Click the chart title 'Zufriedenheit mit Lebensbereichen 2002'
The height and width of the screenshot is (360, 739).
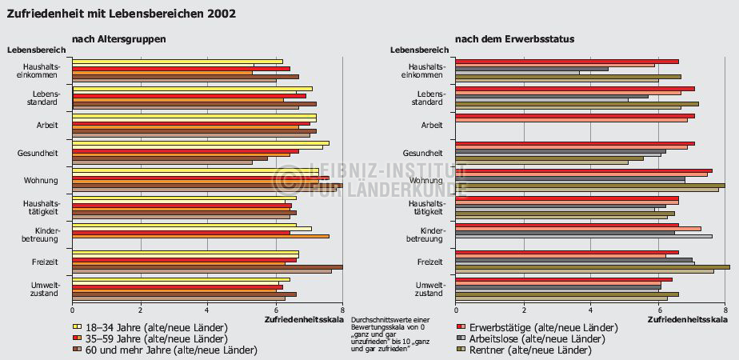pyautogui.click(x=121, y=14)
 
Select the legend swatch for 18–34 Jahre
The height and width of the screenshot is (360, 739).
pyautogui.click(x=77, y=327)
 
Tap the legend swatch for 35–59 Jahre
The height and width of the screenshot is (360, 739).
pyautogui.click(x=77, y=338)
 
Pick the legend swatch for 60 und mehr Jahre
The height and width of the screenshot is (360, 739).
pyautogui.click(x=77, y=350)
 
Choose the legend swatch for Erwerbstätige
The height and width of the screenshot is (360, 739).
pyautogui.click(x=461, y=327)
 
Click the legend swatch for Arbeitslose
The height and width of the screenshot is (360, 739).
pyautogui.click(x=461, y=338)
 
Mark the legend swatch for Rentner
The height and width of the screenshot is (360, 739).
pyautogui.click(x=461, y=350)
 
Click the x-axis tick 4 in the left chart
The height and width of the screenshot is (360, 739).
pyautogui.click(x=207, y=310)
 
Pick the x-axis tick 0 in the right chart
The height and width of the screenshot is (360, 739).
pyautogui.click(x=456, y=310)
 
